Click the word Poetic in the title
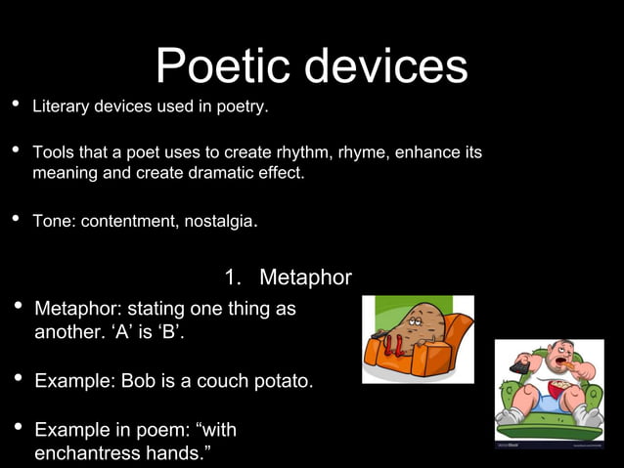pos(224,66)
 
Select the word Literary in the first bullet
pos(61,106)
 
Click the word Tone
pos(52,221)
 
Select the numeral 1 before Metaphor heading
pos(231,277)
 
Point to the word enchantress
pos(91,453)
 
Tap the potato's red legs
pos(397,345)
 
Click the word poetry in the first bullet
pos(244,106)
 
